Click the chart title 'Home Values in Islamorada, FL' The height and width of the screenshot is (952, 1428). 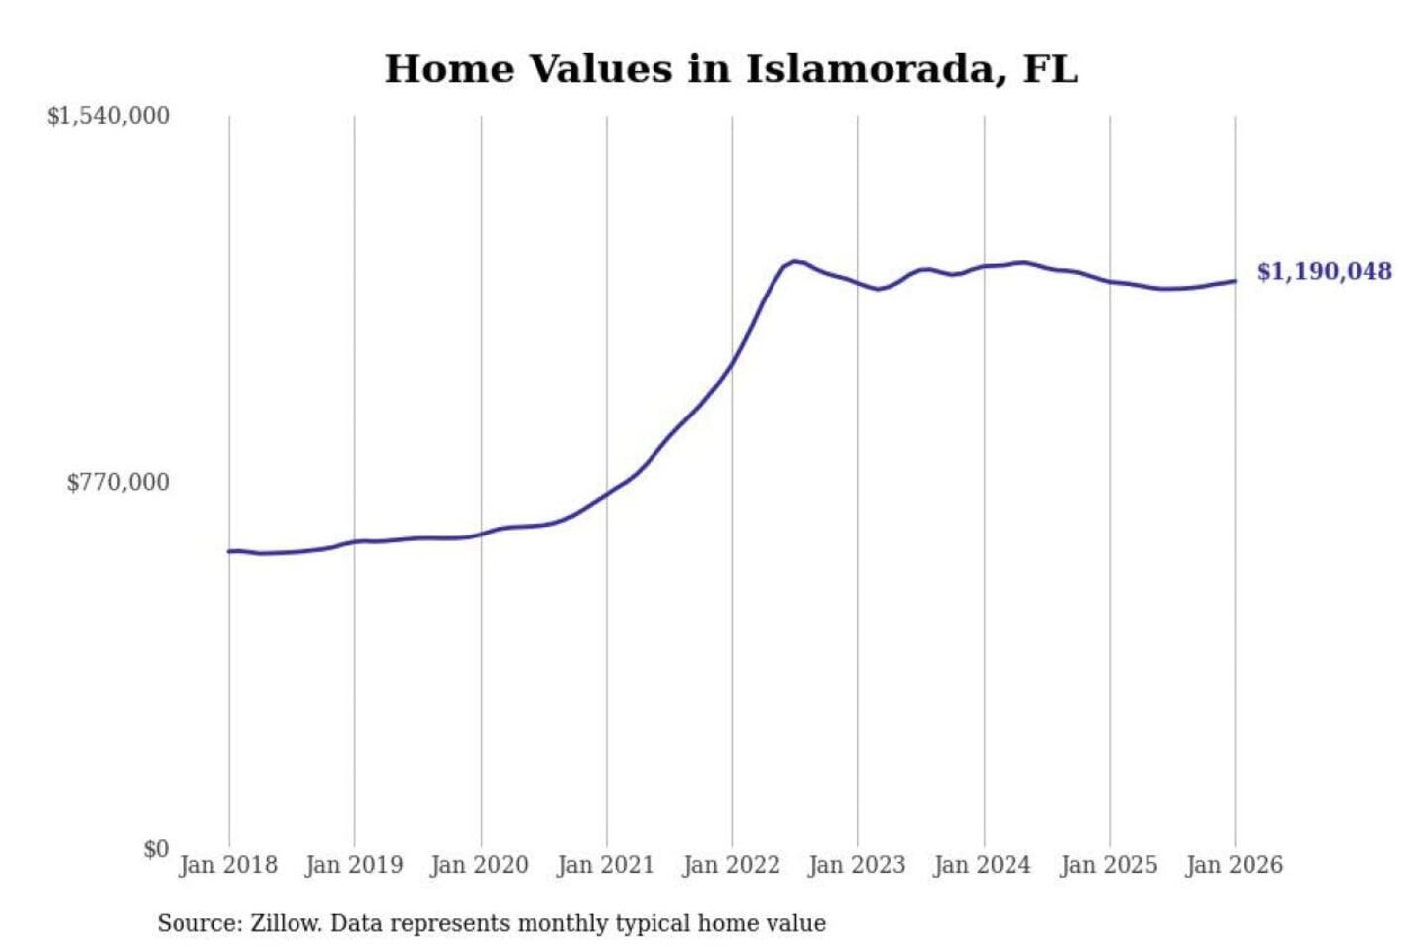[x=731, y=69]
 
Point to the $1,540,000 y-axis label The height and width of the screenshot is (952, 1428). [x=108, y=116]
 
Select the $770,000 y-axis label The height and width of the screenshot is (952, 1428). [x=118, y=483]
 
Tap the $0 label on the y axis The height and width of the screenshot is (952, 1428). [x=156, y=849]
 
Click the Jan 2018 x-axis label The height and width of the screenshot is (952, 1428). [x=228, y=865]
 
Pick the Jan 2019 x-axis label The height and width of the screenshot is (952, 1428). [x=354, y=865]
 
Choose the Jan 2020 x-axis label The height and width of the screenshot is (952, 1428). [x=479, y=865]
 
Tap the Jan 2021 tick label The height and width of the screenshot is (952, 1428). [x=606, y=865]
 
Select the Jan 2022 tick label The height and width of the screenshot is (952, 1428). [x=732, y=865]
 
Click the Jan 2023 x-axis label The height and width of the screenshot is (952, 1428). [x=857, y=865]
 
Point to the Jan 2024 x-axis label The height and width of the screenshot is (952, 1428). [x=983, y=865]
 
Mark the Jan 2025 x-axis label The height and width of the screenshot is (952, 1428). [x=1109, y=865]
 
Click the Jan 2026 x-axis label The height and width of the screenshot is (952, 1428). [x=1235, y=865]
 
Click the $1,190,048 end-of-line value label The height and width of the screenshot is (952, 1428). [x=1324, y=272]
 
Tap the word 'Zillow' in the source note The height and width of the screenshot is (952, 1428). [x=286, y=924]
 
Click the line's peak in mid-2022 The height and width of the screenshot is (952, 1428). [x=795, y=261]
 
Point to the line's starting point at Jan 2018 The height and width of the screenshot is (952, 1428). [x=229, y=551]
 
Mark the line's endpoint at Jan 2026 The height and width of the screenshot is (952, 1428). [x=1235, y=281]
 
